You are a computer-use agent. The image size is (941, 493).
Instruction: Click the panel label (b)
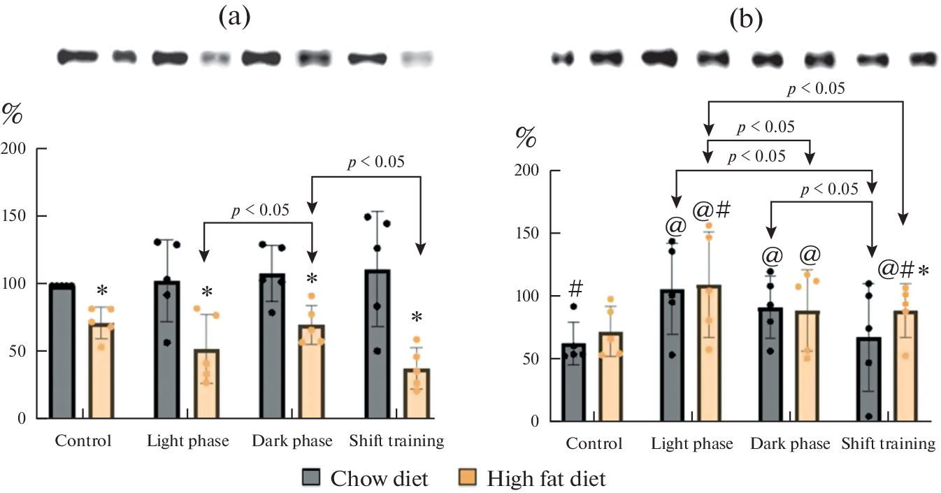[x=745, y=21]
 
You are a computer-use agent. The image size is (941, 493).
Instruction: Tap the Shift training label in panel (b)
[x=888, y=444]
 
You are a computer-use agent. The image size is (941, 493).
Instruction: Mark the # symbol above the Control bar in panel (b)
[x=577, y=287]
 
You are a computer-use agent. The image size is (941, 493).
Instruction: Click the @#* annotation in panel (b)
[x=903, y=268]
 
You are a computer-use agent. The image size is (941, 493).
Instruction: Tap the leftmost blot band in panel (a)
[x=75, y=57]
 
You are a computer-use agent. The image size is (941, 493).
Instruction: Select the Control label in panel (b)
[x=594, y=444]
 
